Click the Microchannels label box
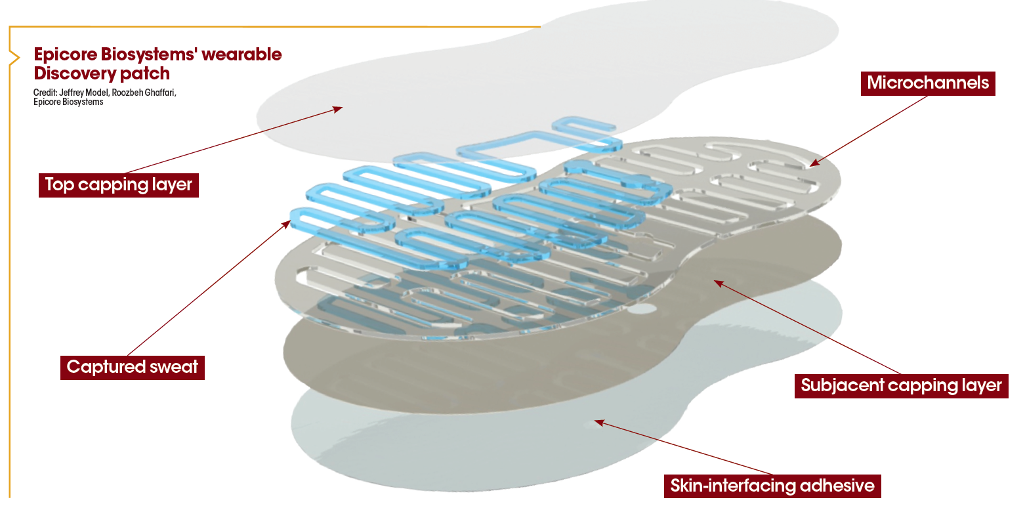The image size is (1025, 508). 927,83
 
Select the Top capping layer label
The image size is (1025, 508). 118,184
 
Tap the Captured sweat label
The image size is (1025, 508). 132,366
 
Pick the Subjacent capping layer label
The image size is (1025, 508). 901,385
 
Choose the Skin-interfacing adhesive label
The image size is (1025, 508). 772,486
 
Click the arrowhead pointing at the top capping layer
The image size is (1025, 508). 338,108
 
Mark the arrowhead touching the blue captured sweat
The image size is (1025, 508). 286,224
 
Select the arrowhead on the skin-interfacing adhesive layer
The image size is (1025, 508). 598,422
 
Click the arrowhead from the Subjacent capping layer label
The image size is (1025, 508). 718,283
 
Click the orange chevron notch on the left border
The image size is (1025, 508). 13,58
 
